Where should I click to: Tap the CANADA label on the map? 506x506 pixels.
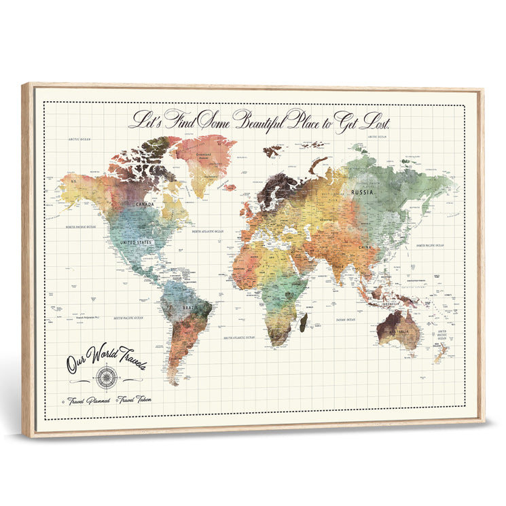145,204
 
